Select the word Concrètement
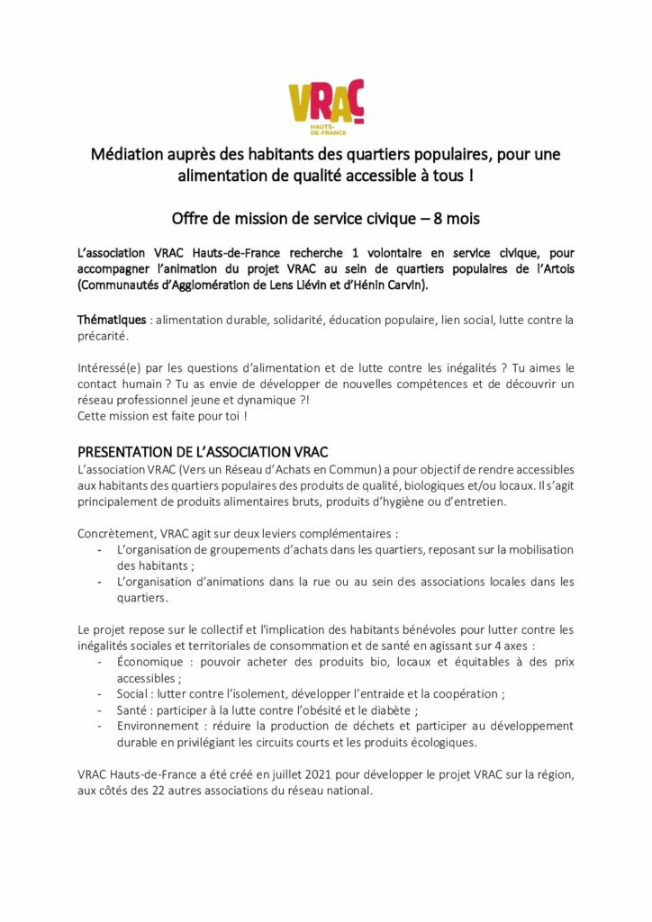coord(117,533)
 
